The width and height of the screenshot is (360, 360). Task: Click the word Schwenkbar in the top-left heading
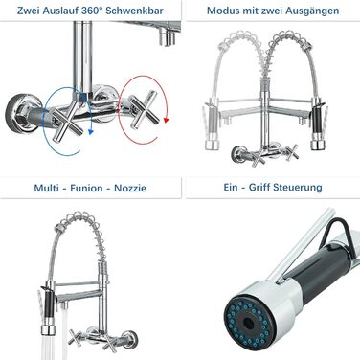[134, 11]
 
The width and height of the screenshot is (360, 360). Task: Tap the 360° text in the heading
[92, 11]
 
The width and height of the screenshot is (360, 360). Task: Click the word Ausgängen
[312, 11]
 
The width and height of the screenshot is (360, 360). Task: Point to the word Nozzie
[130, 188]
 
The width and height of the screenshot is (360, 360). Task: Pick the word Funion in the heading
[86, 188]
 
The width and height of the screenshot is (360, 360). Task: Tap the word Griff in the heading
[259, 187]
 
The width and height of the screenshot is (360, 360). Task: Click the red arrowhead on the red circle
[166, 121]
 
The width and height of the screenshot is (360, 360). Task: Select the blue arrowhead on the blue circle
[91, 131]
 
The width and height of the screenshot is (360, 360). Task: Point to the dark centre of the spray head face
[247, 324]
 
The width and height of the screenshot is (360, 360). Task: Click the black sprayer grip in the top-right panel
[318, 125]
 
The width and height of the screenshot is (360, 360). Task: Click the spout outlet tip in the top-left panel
[168, 35]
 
